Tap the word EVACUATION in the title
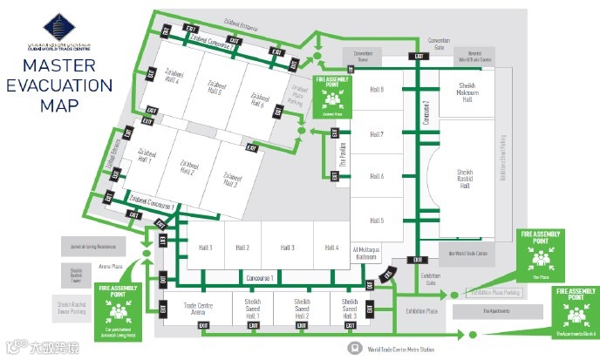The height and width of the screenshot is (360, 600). tap(59, 85)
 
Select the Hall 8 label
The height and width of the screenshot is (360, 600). tap(377, 91)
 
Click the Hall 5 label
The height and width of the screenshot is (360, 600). tap(377, 221)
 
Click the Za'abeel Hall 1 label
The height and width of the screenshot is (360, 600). tap(144, 157)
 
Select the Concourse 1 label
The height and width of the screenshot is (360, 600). tap(260, 277)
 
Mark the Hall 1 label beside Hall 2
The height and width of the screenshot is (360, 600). tap(207, 248)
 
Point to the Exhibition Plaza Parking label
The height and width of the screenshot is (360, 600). tap(495, 294)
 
